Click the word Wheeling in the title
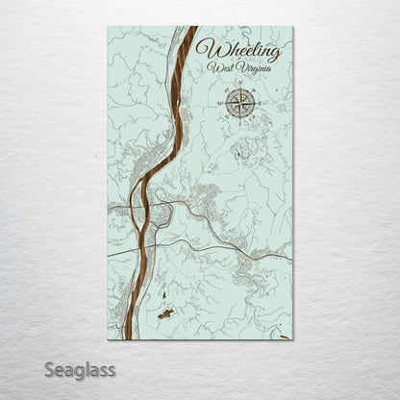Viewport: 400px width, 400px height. pyautogui.click(x=238, y=50)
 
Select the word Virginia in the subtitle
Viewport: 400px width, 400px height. pyautogui.click(x=254, y=69)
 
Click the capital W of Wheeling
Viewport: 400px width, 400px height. pyautogui.click(x=206, y=49)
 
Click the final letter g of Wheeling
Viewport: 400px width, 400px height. pyautogui.click(x=275, y=54)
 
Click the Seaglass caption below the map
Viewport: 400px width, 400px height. pyautogui.click(x=78, y=369)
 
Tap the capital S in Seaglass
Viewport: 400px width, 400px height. pyautogui.click(x=45, y=368)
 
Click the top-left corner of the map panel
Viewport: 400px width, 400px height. pyautogui.click(x=108, y=27)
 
